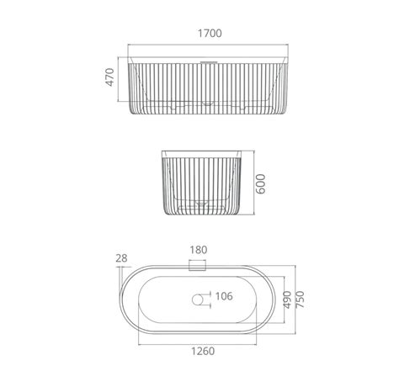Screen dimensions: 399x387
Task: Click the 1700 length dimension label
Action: [210, 34]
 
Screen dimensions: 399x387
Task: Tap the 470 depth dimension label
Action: [109, 77]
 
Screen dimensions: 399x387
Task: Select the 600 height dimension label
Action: [261, 184]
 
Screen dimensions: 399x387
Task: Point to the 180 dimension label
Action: [199, 250]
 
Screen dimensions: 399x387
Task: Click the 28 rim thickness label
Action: [121, 258]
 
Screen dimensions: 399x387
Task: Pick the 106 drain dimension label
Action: [224, 296]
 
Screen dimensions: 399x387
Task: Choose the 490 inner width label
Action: [287, 300]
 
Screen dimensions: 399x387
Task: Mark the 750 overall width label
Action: [300, 300]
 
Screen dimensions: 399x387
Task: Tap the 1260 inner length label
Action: [203, 351]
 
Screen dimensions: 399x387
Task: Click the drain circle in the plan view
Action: [198, 300]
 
